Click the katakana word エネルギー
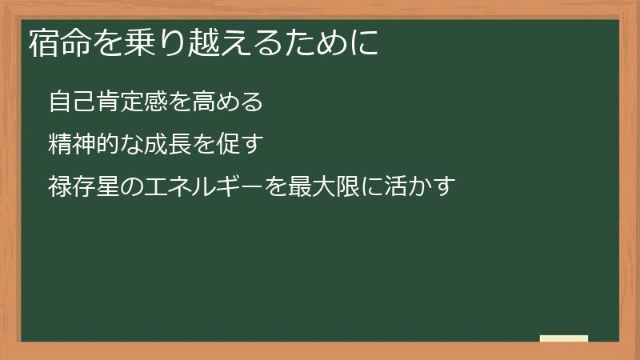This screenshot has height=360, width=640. click(x=205, y=187)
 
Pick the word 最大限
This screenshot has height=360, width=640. click(x=312, y=187)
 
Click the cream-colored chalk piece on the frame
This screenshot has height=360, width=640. click(x=564, y=338)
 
